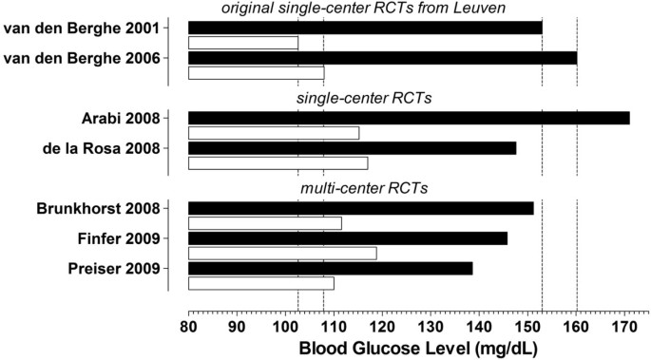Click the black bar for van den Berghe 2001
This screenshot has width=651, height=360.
[365, 28]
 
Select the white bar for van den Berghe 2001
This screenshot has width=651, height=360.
[243, 43]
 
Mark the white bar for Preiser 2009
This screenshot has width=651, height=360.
[261, 283]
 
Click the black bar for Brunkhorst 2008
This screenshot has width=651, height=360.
[361, 208]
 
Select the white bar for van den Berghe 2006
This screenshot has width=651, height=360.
[257, 73]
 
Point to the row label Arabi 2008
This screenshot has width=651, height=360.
[122, 118]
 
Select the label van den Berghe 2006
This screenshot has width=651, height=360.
[82, 58]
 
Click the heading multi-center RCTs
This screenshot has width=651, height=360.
[364, 188]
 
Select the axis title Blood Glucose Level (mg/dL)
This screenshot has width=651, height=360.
[418, 348]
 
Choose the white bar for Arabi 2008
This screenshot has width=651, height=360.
[274, 133]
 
